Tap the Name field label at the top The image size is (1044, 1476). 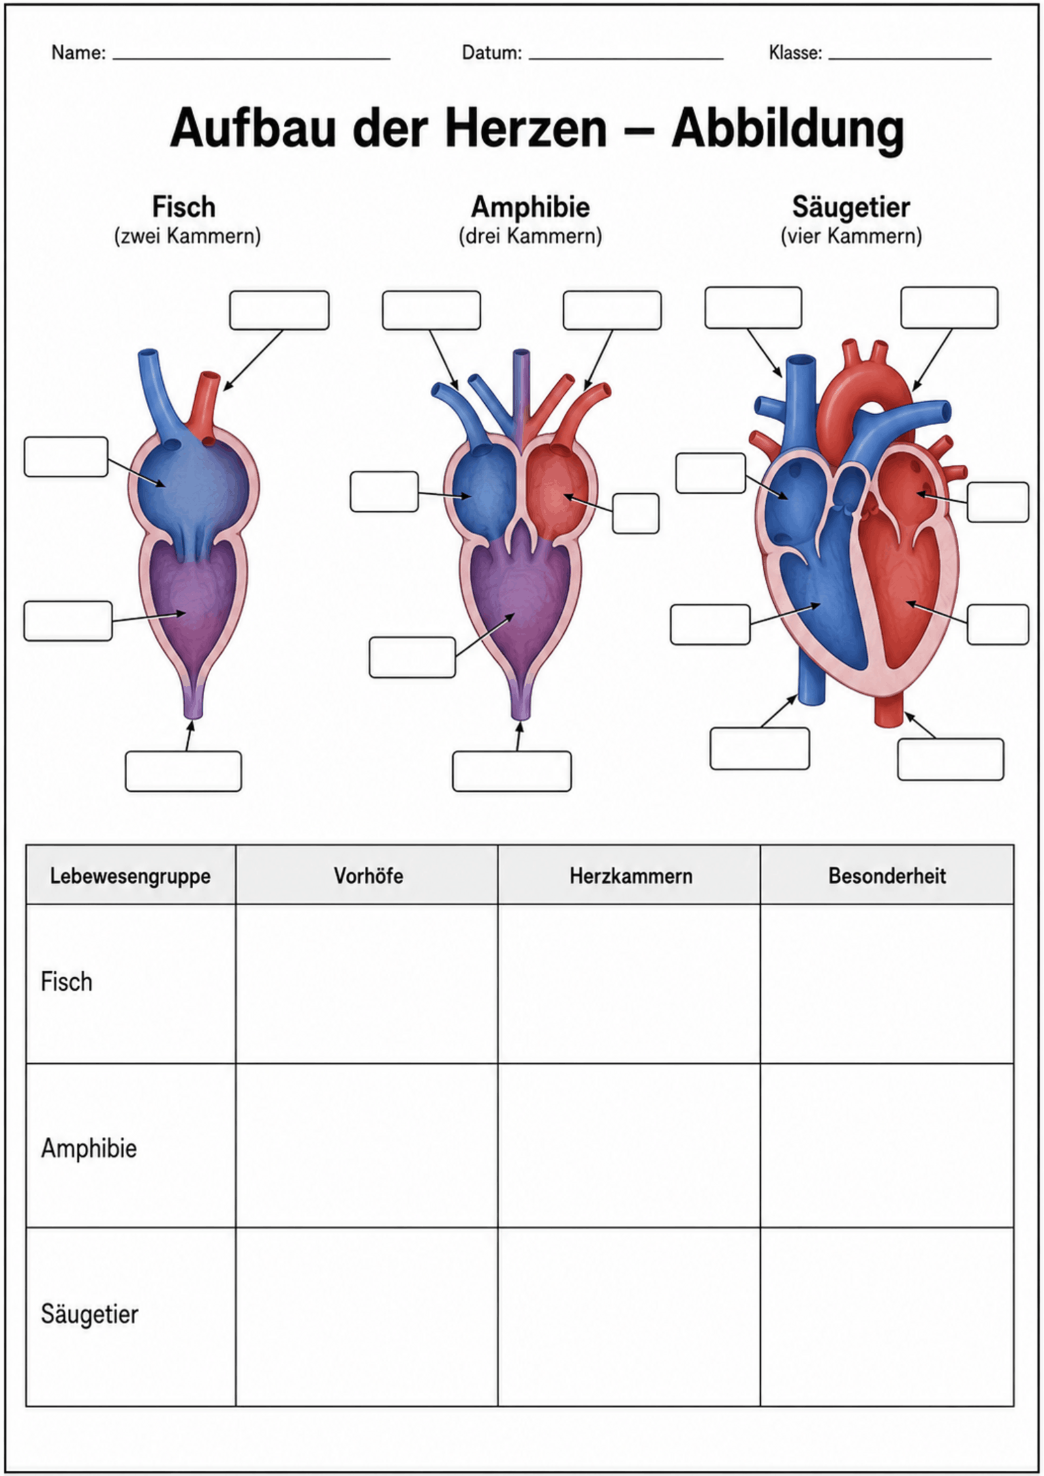pos(78,53)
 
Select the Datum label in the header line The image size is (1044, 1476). pos(492,53)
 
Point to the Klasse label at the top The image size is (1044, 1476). pos(795,53)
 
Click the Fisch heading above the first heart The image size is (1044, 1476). pos(184,207)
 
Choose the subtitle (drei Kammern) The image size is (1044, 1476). pos(530,236)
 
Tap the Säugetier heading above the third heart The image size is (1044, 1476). pos(851,207)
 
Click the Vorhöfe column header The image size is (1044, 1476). pos(368,875)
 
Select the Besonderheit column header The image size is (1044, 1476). pos(887,875)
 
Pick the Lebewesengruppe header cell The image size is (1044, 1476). pos(130,876)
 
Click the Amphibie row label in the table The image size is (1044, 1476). pos(89,1148)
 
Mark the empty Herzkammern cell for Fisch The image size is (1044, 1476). pos(629,983)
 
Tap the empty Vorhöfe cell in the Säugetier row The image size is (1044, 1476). pos(367,1317)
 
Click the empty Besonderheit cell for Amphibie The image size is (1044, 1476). pos(887,1145)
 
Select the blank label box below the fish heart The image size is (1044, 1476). pos(183,772)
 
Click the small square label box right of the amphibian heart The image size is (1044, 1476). pos(636,513)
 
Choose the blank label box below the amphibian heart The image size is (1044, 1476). pos(512,772)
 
